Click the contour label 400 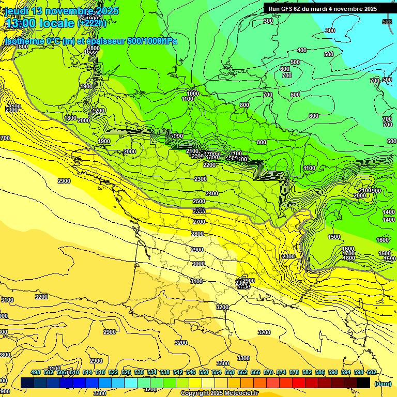(x=302, y=50)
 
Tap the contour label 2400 (x=212, y=193)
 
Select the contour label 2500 (x=198, y=201)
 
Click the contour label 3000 (x=198, y=264)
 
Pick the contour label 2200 (x=209, y=165)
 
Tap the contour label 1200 (x=99, y=111)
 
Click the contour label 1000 (x=193, y=94)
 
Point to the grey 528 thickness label (x=387, y=22)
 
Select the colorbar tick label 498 (x=36, y=372)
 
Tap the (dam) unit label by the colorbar (x=383, y=384)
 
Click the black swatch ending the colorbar (x=363, y=383)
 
